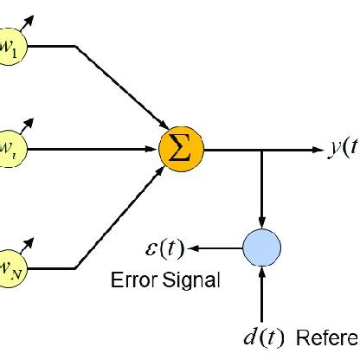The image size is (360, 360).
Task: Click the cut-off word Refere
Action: point(328,337)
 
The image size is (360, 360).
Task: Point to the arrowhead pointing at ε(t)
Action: point(196,248)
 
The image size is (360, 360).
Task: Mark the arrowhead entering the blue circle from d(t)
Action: point(260,271)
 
